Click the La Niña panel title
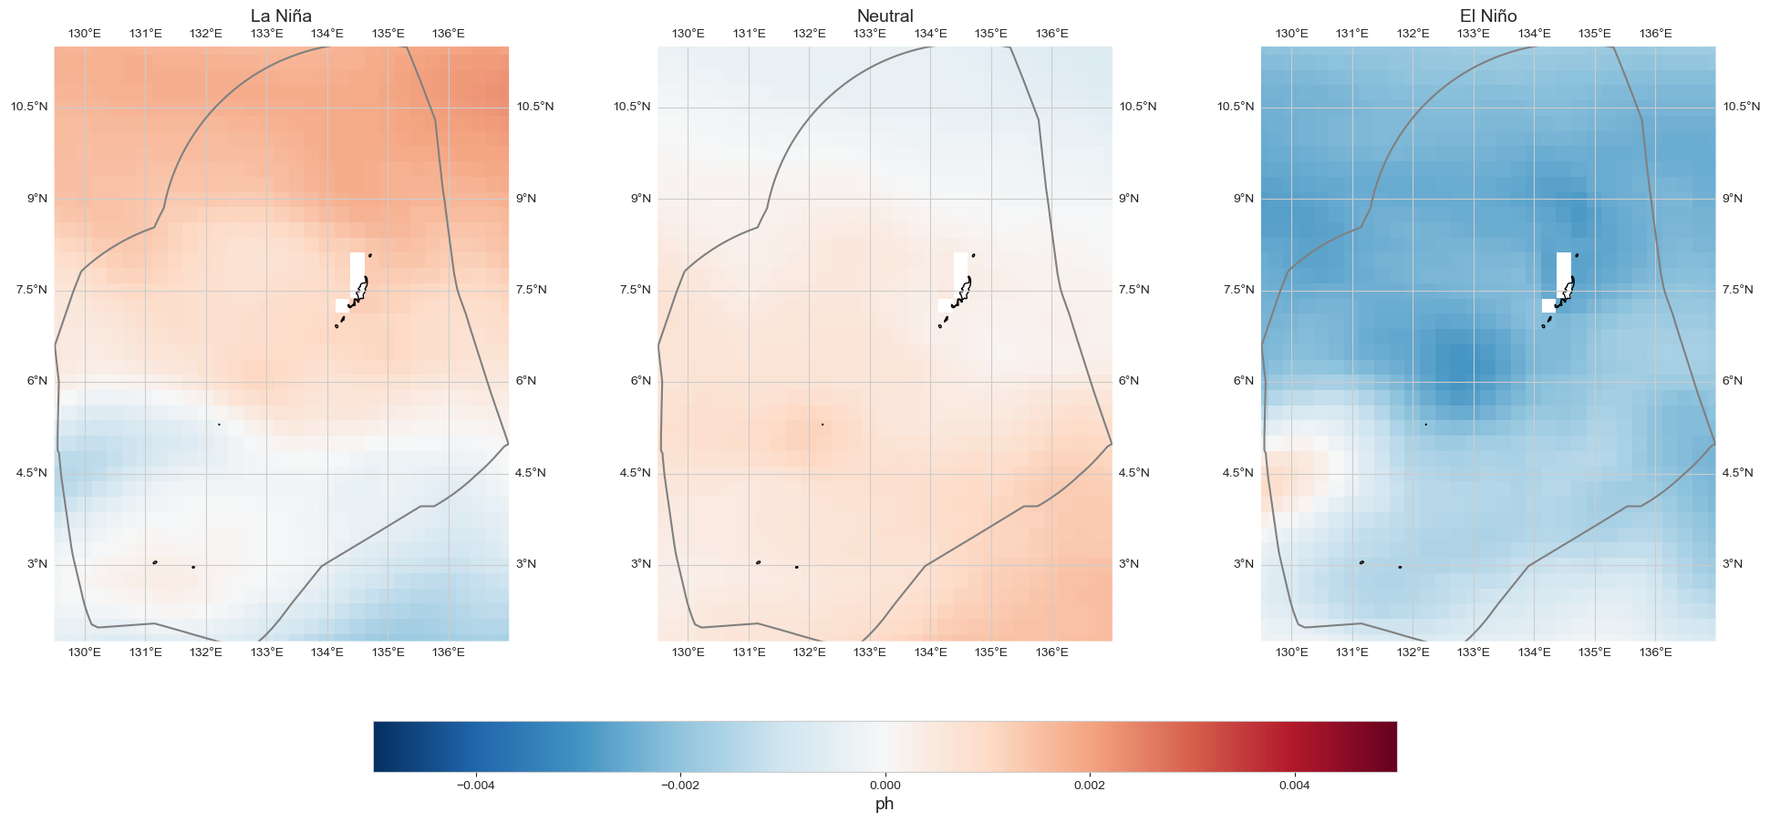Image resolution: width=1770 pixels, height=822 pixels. tap(281, 15)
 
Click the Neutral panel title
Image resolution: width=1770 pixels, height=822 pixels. tap(885, 15)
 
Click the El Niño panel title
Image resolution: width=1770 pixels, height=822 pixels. tap(1488, 15)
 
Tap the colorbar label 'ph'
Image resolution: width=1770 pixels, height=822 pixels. tap(885, 805)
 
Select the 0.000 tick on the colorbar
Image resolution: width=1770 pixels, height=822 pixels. tap(885, 785)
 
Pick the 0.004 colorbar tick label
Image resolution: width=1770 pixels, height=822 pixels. tap(1294, 785)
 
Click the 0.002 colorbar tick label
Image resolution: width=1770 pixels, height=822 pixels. tap(1089, 785)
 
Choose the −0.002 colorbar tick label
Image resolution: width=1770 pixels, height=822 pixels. tap(679, 785)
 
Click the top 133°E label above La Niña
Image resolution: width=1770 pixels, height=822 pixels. tap(266, 34)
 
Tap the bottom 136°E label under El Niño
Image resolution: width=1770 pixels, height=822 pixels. tap(1655, 652)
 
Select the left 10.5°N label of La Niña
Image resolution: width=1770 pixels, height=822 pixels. tap(28, 107)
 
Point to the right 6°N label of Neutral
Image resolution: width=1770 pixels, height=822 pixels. tap(1128, 381)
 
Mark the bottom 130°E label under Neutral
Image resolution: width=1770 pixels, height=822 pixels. tap(688, 652)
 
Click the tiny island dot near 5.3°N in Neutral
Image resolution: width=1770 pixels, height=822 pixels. tap(823, 425)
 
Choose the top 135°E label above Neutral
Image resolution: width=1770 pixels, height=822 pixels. tap(991, 34)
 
